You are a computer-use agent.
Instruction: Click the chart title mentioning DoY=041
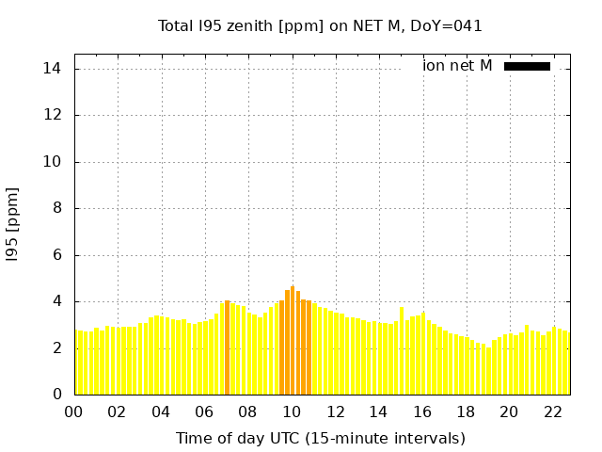click(x=320, y=26)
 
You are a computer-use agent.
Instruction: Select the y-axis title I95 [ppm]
click(x=13, y=224)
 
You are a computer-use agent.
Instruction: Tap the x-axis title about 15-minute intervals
click(x=320, y=438)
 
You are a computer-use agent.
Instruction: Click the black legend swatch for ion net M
click(x=527, y=66)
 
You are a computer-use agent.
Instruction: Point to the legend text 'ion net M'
click(x=457, y=66)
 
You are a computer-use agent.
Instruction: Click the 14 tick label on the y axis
click(x=53, y=69)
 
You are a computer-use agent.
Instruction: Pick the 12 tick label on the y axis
click(x=53, y=115)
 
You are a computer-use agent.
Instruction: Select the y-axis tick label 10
click(x=53, y=162)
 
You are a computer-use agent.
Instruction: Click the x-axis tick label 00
click(x=73, y=412)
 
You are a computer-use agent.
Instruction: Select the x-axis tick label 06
click(x=204, y=412)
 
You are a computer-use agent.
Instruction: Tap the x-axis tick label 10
click(x=292, y=412)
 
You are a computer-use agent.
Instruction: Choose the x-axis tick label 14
click(x=378, y=412)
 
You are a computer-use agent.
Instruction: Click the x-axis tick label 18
click(x=466, y=412)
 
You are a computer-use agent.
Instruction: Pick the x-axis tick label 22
click(x=553, y=412)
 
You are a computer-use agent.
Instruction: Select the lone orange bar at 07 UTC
click(x=228, y=347)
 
